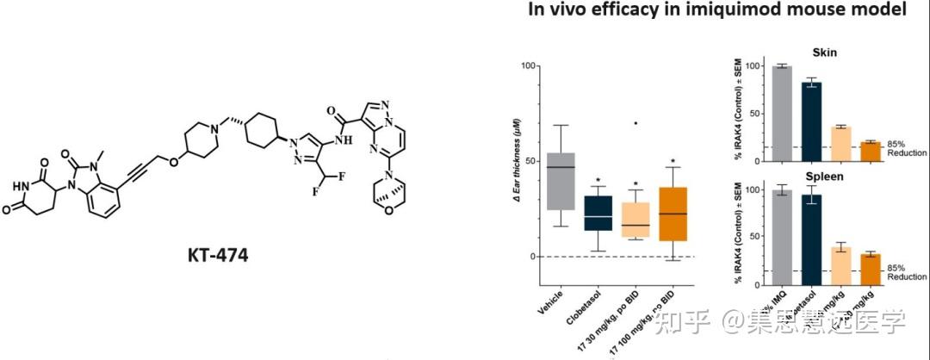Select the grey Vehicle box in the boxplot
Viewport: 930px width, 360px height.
(561, 181)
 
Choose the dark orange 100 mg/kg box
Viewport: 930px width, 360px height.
(673, 214)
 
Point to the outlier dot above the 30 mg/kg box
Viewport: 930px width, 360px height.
(635, 123)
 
